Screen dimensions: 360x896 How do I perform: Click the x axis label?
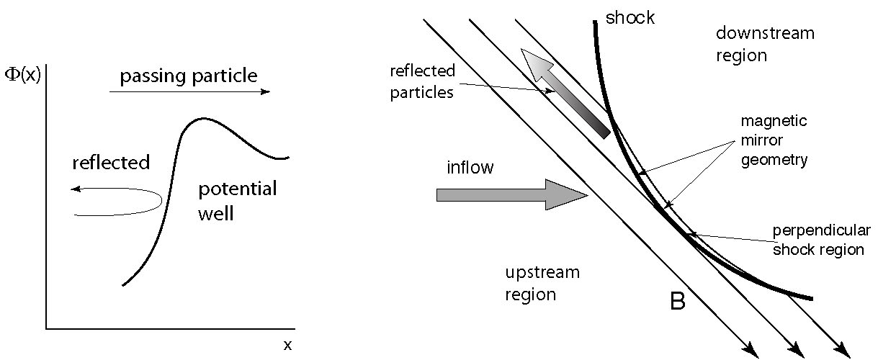click(x=287, y=345)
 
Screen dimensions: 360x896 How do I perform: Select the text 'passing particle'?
click(x=188, y=76)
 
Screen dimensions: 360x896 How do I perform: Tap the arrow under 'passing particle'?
click(x=189, y=92)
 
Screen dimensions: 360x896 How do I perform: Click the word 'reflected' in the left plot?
click(x=111, y=162)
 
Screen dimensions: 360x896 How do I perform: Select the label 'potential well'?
click(x=237, y=201)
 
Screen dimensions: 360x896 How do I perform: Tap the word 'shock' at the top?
click(x=630, y=17)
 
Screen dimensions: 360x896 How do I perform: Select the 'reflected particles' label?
click(x=422, y=81)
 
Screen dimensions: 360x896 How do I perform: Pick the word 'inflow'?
click(x=470, y=168)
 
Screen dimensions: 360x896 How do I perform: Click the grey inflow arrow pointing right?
click(x=511, y=195)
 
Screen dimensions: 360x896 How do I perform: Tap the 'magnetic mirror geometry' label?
click(x=774, y=140)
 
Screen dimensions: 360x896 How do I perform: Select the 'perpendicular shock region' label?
click(x=821, y=240)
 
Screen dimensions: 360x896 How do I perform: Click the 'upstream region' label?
click(x=541, y=283)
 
